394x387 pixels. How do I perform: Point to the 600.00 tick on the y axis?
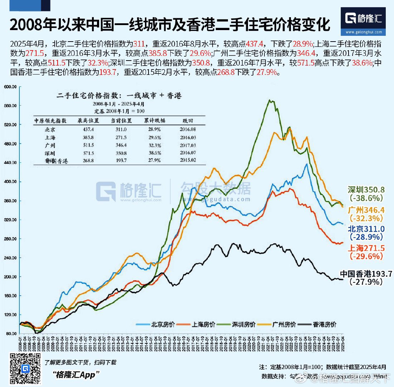[10, 87]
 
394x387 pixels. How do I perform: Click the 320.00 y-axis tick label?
[10, 220]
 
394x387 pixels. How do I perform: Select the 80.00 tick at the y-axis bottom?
[10, 334]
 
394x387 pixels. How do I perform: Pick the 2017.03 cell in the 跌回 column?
[188, 145]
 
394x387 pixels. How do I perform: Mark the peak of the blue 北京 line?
[307, 164]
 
